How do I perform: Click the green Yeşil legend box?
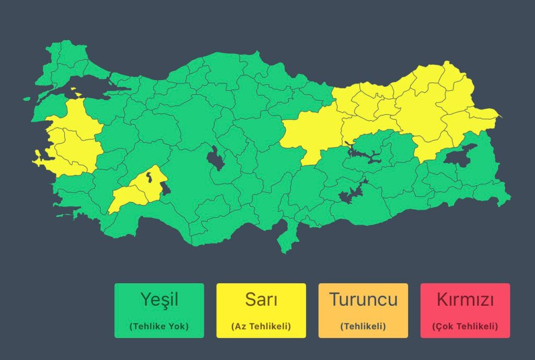[159, 310]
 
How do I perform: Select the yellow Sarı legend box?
[261, 310]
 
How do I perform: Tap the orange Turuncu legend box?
[363, 310]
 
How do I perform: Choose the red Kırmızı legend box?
[465, 310]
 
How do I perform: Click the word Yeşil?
[159, 300]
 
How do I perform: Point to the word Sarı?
[261, 300]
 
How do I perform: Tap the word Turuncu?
[363, 300]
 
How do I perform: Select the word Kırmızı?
[465, 300]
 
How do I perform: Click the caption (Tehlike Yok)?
[159, 327]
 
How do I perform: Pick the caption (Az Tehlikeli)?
[261, 327]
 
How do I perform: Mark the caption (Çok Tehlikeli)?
[465, 327]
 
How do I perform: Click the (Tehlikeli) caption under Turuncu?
[363, 327]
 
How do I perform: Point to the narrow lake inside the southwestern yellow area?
[150, 175]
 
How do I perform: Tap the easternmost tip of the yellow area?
[499, 115]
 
